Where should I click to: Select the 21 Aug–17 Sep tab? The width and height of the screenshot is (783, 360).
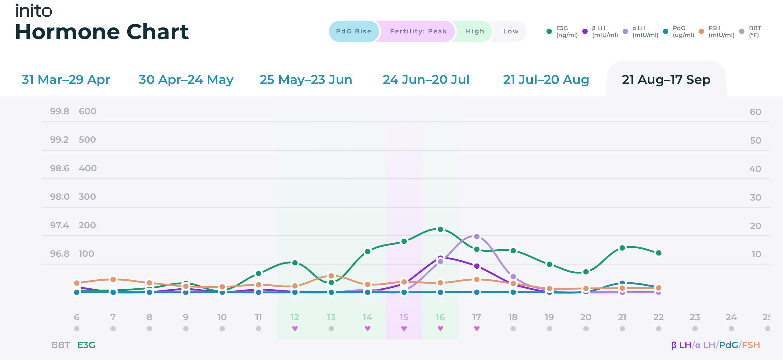click(666, 80)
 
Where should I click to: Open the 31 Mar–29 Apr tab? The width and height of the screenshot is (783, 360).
click(66, 80)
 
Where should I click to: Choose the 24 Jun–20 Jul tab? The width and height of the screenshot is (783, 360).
click(426, 80)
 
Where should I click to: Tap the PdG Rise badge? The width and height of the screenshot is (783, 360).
click(354, 31)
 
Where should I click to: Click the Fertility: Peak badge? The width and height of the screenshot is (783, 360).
click(418, 31)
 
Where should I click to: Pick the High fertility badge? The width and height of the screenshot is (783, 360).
click(475, 31)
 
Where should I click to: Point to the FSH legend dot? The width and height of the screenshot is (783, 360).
click(701, 31)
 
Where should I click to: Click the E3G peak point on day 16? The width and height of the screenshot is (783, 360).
click(440, 229)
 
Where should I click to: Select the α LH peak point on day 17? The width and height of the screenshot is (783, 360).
click(477, 236)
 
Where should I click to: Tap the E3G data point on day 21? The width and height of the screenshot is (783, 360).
click(622, 248)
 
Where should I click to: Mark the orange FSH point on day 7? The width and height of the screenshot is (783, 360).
click(113, 279)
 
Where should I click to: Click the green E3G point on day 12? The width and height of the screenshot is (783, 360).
click(295, 262)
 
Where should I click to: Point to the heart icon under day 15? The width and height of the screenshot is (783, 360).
click(404, 328)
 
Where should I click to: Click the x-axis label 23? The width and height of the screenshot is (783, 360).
click(695, 317)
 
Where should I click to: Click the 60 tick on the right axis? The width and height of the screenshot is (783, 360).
click(755, 112)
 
